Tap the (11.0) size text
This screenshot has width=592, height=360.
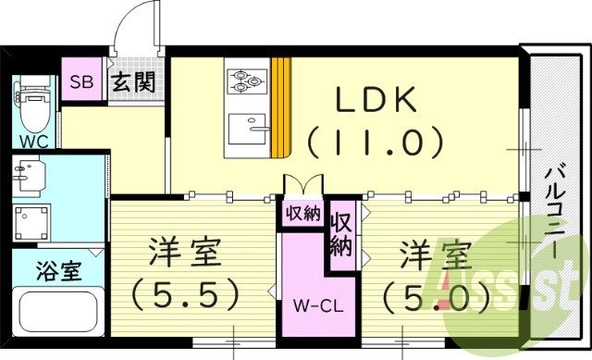pos(376,143)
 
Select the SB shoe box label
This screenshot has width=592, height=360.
pos(81,80)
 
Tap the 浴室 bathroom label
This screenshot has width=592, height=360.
pos(58,272)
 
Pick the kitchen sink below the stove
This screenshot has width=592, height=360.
pos(247,128)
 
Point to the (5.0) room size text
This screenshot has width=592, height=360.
pos(436,296)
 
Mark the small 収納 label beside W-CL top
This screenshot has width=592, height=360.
pos(302,214)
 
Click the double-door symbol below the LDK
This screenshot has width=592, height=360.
pos(303,185)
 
